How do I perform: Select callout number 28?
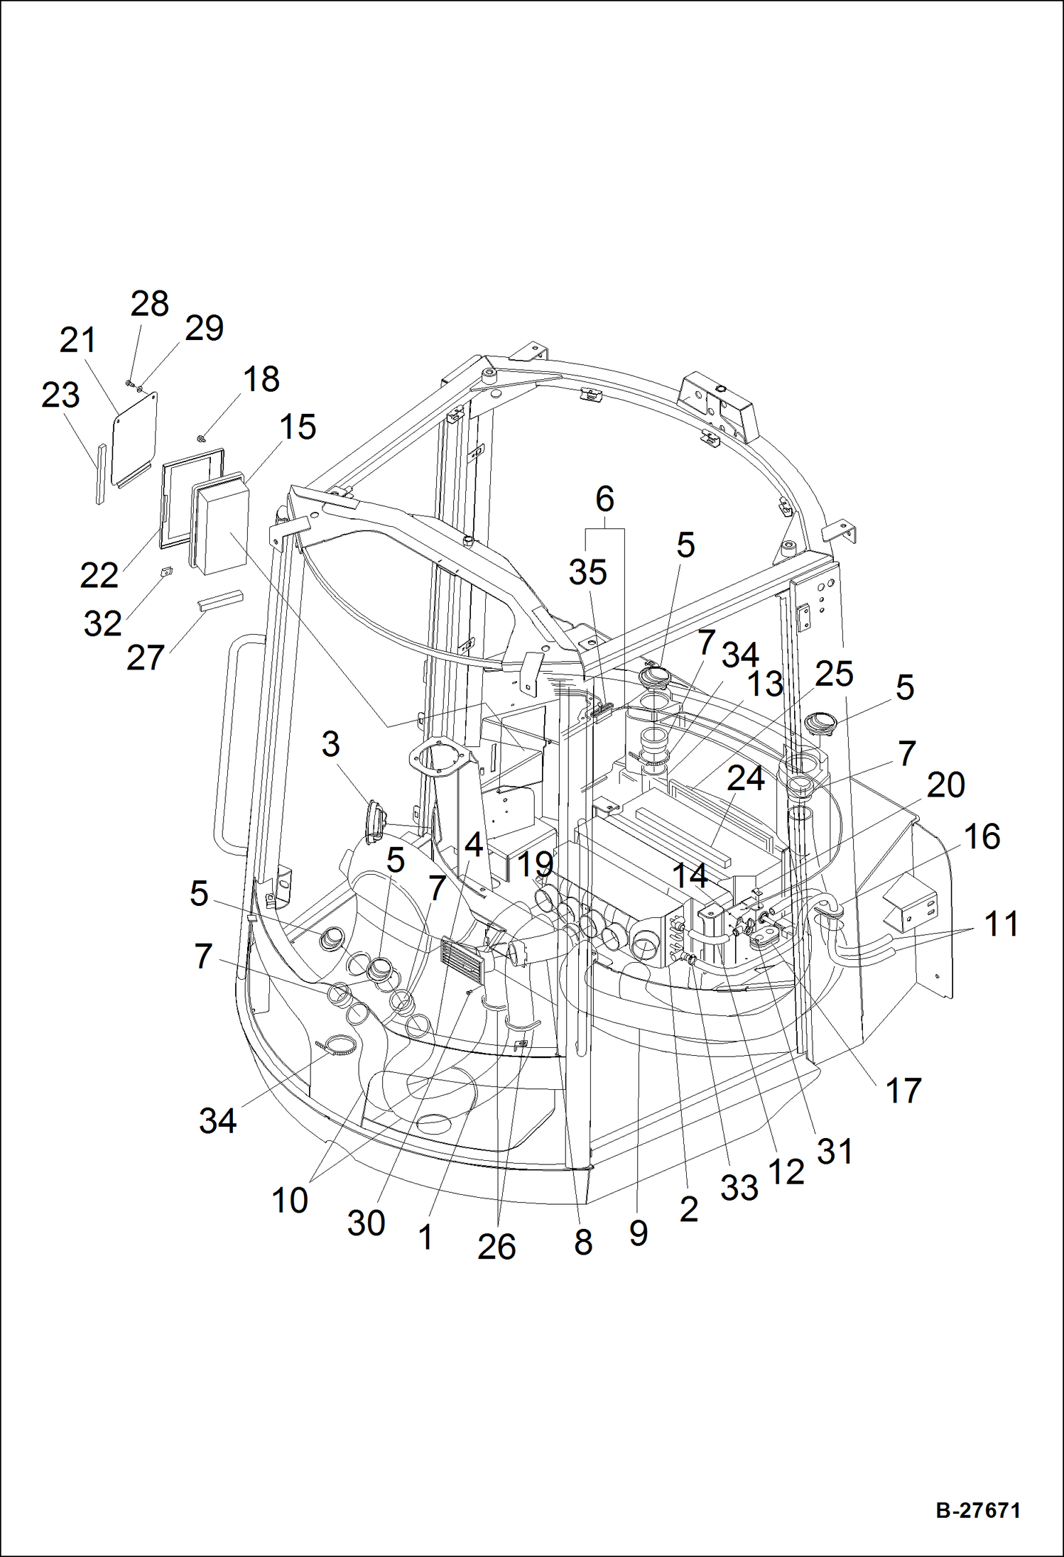point(149,305)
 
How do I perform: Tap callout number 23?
point(60,395)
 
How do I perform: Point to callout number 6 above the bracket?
point(604,500)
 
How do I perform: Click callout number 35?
point(588,572)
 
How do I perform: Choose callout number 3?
point(330,745)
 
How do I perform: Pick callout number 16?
point(982,837)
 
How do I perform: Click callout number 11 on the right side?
point(1001,924)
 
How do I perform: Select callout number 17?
point(903,1091)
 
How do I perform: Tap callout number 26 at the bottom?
point(496,1247)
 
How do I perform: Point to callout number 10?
point(290,1201)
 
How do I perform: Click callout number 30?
point(366,1223)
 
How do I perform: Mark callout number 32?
point(103,624)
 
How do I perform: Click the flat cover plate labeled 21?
point(135,435)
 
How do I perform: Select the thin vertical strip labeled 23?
point(100,474)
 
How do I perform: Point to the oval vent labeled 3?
point(375,822)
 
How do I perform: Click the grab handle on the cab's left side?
point(229,745)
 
